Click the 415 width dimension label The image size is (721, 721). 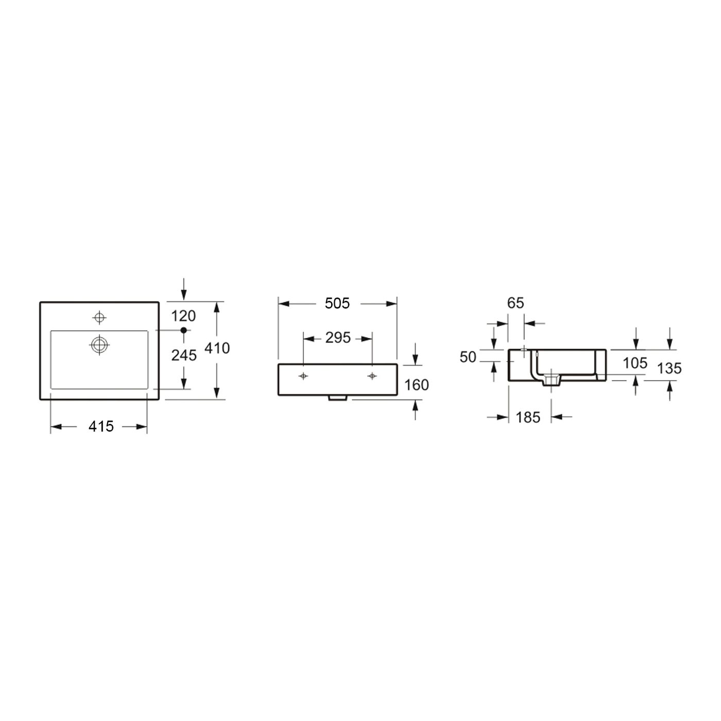(x=101, y=426)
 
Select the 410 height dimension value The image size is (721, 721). (x=217, y=348)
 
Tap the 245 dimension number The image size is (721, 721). (x=184, y=355)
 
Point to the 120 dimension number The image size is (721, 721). (x=184, y=315)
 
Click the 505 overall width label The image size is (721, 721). (x=337, y=303)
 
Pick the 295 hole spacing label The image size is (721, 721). (x=338, y=338)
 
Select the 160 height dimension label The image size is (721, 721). (x=417, y=385)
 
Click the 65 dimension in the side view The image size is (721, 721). (x=516, y=303)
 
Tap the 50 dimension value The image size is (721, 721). (x=468, y=357)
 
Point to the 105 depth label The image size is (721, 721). (x=635, y=363)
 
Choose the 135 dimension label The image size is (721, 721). (x=669, y=368)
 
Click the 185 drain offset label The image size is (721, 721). (x=528, y=417)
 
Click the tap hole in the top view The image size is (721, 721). (x=99, y=317)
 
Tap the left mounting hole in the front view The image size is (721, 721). (x=304, y=376)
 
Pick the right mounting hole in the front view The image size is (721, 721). (x=372, y=376)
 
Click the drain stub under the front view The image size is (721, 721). (x=338, y=398)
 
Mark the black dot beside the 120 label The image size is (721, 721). (x=183, y=330)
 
